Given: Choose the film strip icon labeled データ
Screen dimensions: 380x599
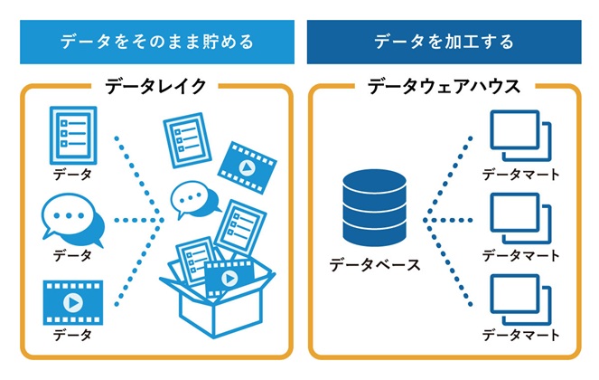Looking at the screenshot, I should click(x=72, y=301).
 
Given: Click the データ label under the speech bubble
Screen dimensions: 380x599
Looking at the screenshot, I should click(x=72, y=255).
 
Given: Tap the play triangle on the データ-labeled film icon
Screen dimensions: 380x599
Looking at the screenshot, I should click(x=73, y=301).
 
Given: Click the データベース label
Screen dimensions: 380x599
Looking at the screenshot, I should click(x=374, y=265).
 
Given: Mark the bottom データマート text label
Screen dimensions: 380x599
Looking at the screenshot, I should click(x=520, y=336).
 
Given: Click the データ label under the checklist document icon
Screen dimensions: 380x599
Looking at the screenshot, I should click(x=72, y=173).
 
